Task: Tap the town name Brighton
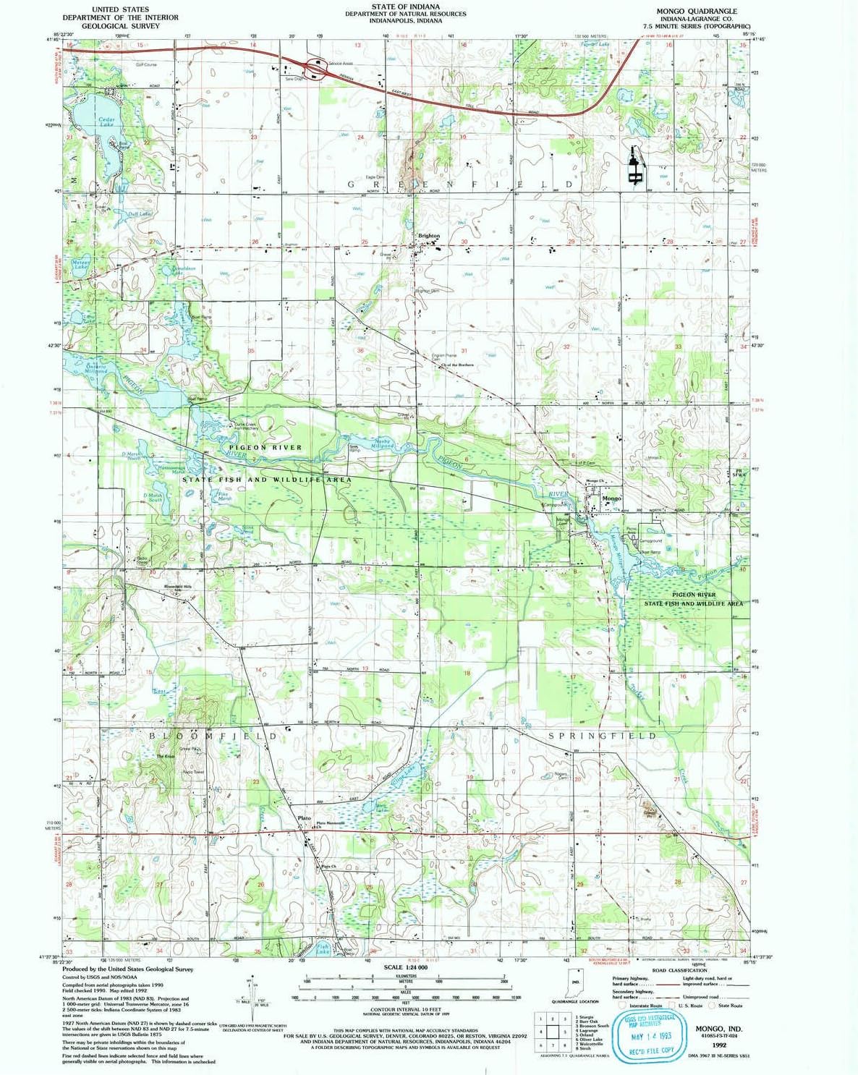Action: coord(428,236)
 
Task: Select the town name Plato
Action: coord(305,818)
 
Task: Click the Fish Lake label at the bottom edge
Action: coord(322,949)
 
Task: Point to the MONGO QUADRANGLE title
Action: coord(697,11)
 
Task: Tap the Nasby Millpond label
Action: coord(383,443)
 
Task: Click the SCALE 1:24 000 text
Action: coord(405,967)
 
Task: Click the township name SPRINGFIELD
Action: coord(603,736)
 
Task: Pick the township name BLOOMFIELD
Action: coord(213,736)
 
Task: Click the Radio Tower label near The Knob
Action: coord(192,772)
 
